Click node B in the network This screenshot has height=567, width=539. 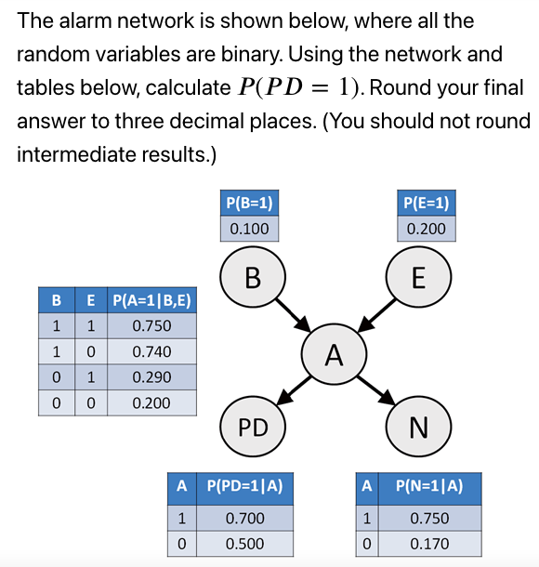click(x=252, y=277)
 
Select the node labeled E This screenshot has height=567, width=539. click(x=418, y=277)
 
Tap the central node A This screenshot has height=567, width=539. click(x=335, y=354)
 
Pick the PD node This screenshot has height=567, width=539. click(x=252, y=427)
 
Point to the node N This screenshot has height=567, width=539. click(x=418, y=427)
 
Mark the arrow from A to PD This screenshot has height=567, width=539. click(x=294, y=391)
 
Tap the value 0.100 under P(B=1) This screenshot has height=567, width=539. click(x=249, y=229)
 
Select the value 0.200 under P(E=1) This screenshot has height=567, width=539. click(x=427, y=229)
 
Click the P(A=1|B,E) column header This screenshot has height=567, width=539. click(x=151, y=300)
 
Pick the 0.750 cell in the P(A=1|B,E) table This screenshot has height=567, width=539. click(x=151, y=326)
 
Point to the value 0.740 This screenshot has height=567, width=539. click(x=151, y=351)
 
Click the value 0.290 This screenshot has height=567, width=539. click(x=151, y=377)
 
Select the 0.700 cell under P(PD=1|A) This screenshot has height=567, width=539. click(x=245, y=518)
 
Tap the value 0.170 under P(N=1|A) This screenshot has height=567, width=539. click(x=429, y=543)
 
